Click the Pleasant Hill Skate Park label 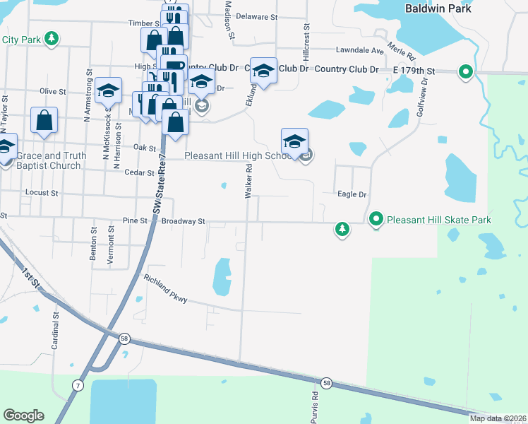(x=438, y=220)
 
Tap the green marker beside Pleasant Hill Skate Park (x=376, y=220)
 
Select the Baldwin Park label (x=433, y=8)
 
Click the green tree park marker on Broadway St (x=342, y=229)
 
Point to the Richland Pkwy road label (x=166, y=289)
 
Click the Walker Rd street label (x=248, y=182)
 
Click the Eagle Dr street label (x=352, y=194)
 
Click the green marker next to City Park (x=51, y=39)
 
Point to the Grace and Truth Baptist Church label (x=52, y=160)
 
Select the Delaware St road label (x=257, y=16)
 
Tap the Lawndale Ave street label (x=360, y=51)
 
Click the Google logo (x=23, y=416)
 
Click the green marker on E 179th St (x=465, y=71)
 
